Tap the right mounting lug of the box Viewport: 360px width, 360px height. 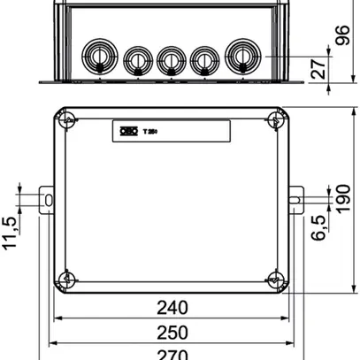(297, 198)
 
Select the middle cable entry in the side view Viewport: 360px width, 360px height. (170, 60)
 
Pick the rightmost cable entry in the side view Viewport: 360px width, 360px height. (241, 56)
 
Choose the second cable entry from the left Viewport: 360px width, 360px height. (136, 60)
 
